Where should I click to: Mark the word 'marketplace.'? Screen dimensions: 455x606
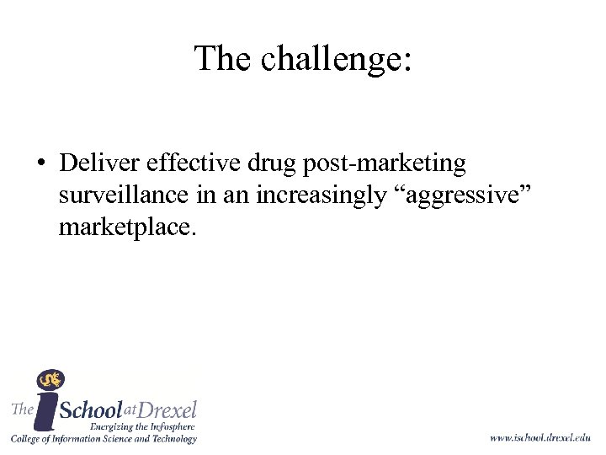[128, 227]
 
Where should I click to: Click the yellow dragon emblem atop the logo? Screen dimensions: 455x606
[50, 380]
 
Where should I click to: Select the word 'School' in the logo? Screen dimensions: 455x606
[93, 411]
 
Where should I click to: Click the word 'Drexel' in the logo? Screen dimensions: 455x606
[167, 409]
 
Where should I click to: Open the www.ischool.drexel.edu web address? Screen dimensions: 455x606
[540, 437]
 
